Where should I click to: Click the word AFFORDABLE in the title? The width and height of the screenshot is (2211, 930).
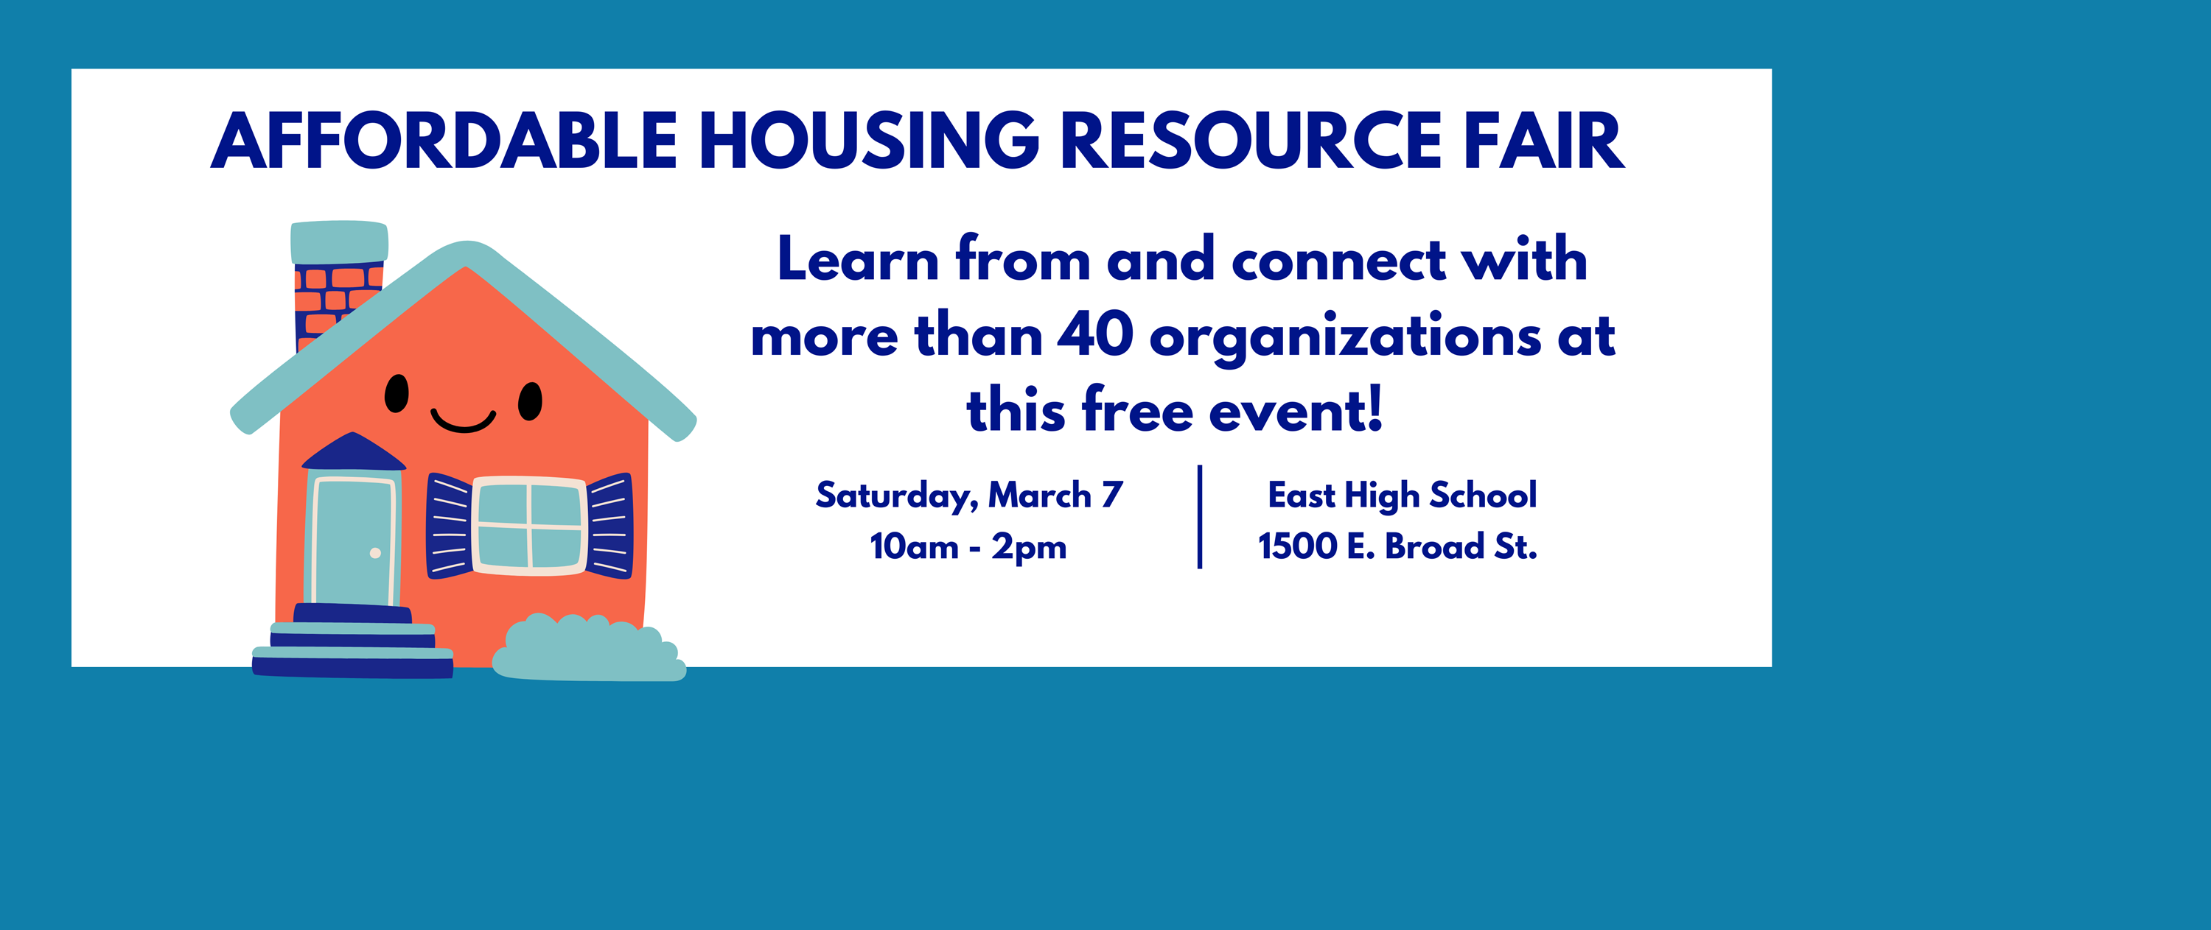click(x=444, y=141)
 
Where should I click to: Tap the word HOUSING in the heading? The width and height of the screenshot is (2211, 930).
click(x=870, y=141)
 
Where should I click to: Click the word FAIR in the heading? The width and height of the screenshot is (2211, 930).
click(x=1544, y=141)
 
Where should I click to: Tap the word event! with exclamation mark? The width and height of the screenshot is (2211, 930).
click(x=1296, y=410)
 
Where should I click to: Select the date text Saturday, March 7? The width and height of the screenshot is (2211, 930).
click(x=969, y=495)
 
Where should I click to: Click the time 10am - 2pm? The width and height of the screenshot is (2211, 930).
click(x=968, y=546)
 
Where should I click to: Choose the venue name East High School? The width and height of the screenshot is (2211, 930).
click(x=1402, y=495)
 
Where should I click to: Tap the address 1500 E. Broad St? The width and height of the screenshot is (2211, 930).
click(x=1397, y=546)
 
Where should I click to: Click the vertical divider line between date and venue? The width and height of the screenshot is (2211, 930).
click(x=1200, y=516)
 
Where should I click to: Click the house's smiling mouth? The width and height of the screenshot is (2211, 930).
click(x=464, y=420)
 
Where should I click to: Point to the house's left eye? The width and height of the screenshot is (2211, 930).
click(x=397, y=394)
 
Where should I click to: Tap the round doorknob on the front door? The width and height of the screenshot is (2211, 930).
click(x=375, y=554)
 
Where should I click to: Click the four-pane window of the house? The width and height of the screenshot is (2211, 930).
click(x=530, y=525)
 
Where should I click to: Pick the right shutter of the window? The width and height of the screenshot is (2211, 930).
click(x=610, y=525)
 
